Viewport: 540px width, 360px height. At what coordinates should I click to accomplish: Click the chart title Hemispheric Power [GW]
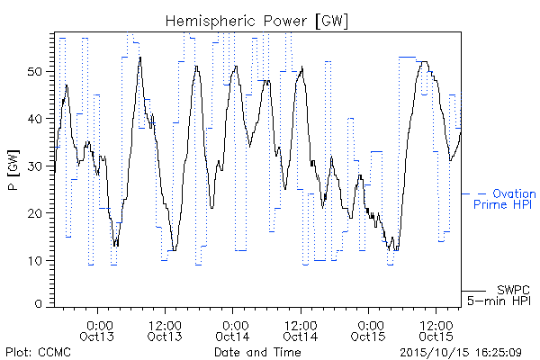point(256,22)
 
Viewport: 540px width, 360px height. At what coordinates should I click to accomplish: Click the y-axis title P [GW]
point(13,170)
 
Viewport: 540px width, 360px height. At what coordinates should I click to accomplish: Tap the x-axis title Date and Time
point(257,353)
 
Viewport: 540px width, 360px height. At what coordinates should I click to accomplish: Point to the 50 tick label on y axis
point(34,72)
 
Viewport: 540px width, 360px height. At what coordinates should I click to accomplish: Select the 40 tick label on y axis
point(34,119)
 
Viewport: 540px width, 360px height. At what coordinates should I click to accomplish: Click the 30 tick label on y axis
point(34,166)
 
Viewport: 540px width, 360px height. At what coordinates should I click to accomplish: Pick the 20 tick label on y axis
point(34,213)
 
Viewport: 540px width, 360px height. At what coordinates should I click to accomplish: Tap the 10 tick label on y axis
point(34,260)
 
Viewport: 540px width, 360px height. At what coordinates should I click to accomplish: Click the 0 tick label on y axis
point(38,304)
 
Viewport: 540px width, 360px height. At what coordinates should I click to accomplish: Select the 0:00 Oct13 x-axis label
point(97,331)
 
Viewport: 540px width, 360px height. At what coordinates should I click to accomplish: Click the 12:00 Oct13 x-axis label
point(165,331)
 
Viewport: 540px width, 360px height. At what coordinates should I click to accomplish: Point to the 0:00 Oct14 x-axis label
point(233,331)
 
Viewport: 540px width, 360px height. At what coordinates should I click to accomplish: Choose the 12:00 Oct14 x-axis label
point(301,331)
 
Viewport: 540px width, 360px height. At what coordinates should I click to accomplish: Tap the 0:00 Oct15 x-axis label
point(368,331)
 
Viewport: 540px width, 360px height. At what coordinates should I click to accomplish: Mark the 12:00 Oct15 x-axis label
point(436,331)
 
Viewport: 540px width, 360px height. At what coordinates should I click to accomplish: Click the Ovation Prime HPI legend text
point(505,199)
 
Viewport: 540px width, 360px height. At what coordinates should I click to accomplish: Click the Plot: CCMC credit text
point(38,353)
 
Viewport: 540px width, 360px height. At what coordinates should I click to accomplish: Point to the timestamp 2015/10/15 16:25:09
point(461,353)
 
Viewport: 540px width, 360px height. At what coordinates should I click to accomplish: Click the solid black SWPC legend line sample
point(473,291)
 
